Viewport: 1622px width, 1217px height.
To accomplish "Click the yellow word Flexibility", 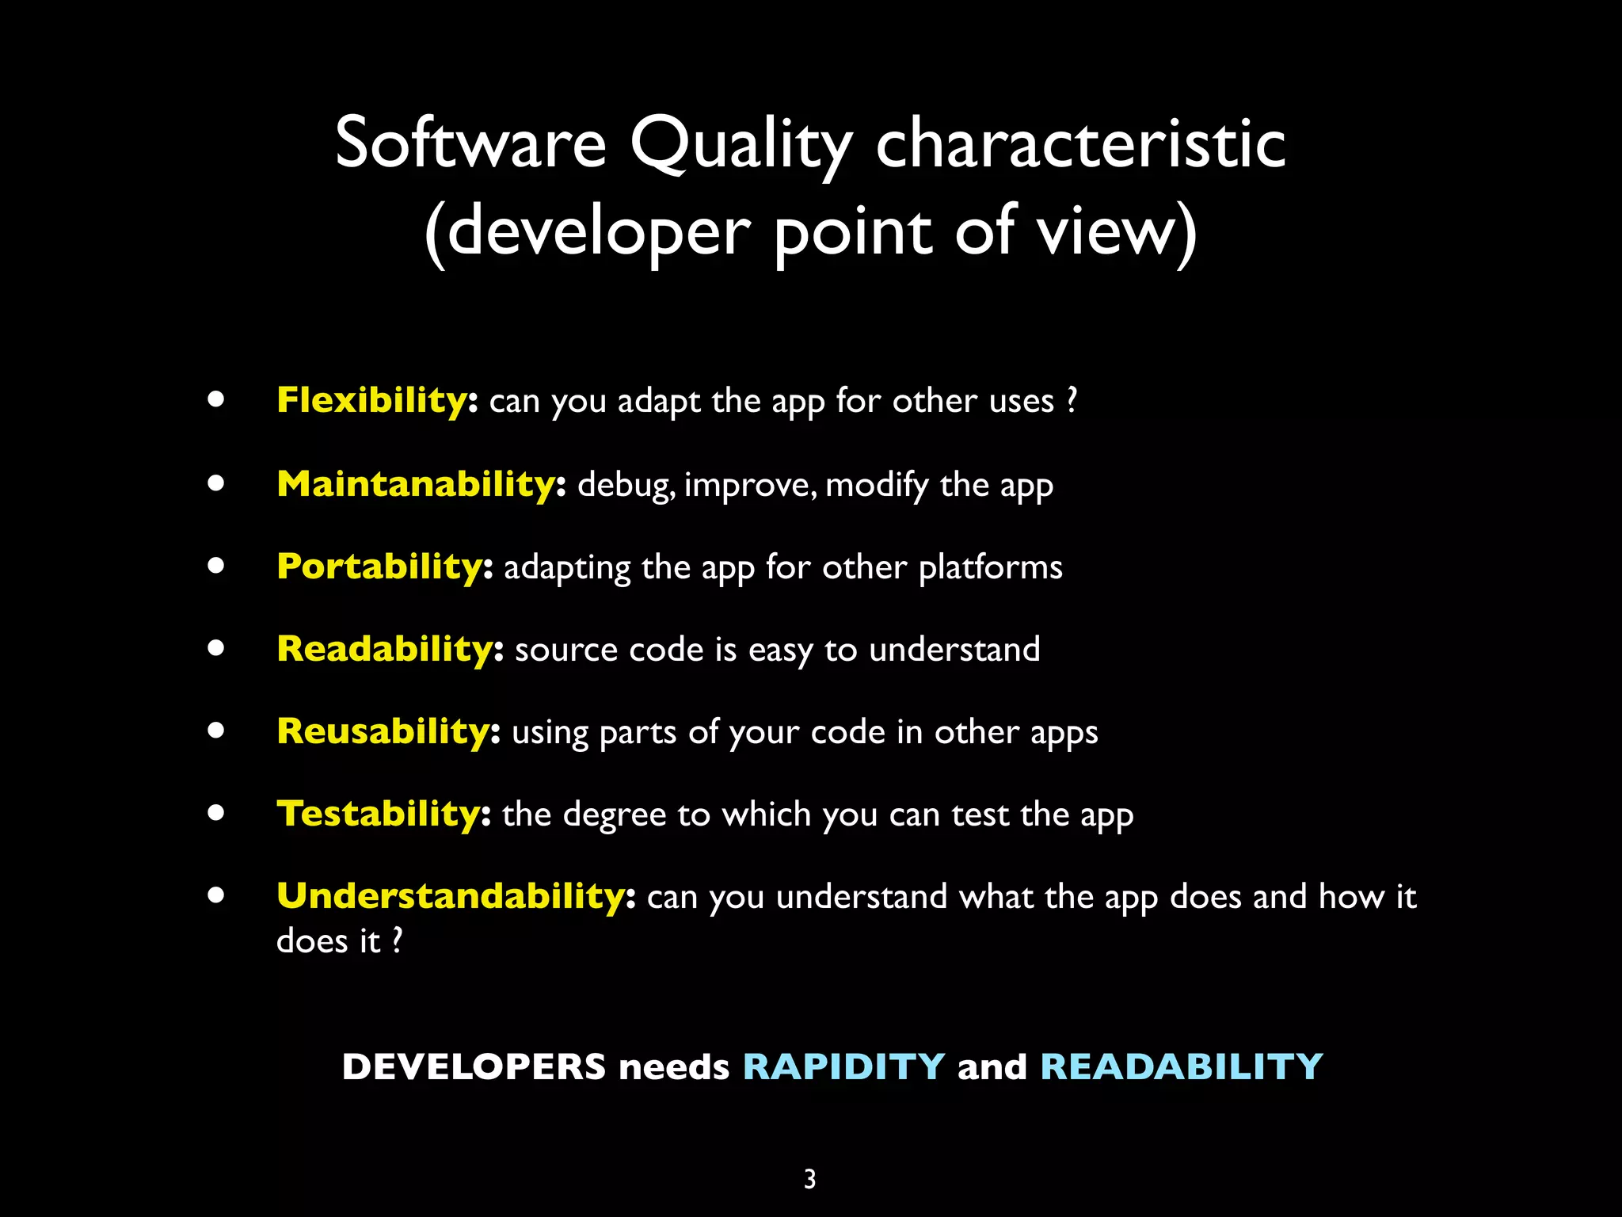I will point(372,400).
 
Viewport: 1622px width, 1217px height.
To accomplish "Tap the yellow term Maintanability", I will point(417,484).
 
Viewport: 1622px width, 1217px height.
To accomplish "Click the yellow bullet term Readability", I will point(386,649).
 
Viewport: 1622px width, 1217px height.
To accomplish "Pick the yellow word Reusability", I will point(384,731).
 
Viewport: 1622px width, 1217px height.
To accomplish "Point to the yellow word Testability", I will point(379,814).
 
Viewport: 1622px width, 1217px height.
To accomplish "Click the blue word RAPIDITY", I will point(843,1066).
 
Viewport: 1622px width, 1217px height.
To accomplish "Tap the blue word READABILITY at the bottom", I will point(1181,1066).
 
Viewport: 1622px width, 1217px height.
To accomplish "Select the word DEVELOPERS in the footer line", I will point(474,1066).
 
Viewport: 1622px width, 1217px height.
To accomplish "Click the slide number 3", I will point(809,1179).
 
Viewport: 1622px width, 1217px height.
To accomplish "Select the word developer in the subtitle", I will point(598,233).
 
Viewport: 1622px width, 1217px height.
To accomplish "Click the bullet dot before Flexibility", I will point(216,399).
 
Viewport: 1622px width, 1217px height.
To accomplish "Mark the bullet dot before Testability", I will point(216,813).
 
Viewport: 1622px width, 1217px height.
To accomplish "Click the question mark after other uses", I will point(1072,399).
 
